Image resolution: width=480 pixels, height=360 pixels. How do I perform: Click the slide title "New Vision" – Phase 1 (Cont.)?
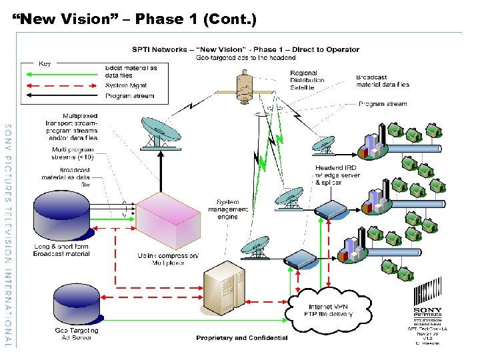tap(134, 19)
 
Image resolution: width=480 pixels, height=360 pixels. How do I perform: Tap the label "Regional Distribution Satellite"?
tap(307, 80)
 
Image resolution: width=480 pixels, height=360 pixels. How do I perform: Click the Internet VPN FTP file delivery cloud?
tap(322, 305)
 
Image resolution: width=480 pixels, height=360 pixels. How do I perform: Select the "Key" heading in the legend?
tap(45, 64)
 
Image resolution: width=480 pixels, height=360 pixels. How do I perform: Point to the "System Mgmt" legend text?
tap(125, 85)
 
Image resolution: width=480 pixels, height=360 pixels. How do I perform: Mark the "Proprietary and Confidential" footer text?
tap(242, 338)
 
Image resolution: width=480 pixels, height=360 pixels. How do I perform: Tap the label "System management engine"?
tap(233, 209)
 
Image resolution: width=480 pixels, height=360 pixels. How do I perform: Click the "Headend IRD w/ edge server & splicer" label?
tap(337, 175)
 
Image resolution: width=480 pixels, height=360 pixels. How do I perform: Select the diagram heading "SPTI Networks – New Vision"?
tap(245, 49)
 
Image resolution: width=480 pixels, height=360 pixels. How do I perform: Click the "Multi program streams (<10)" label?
tap(73, 153)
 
